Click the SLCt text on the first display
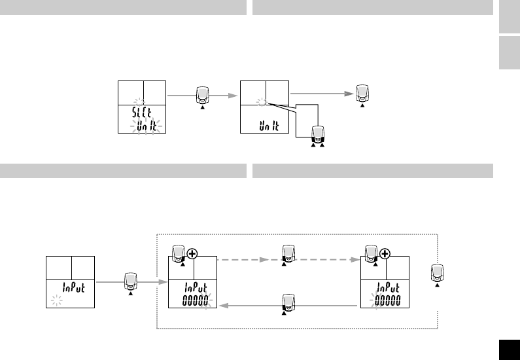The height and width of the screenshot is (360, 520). point(143,111)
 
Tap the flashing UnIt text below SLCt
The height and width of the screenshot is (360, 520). point(147,125)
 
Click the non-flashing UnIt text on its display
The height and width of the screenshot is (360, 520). point(269,125)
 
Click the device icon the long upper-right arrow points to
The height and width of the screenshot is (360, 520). point(362,94)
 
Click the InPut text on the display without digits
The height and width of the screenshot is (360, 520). point(73,287)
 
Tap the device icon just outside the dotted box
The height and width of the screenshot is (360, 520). point(131,281)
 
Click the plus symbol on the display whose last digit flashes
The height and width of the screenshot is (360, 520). point(191,253)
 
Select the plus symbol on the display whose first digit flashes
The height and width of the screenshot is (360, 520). point(385,253)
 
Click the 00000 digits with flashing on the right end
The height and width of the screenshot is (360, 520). point(196,301)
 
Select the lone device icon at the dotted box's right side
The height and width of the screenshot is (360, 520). point(437,273)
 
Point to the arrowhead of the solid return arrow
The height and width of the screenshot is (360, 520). point(222,305)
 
